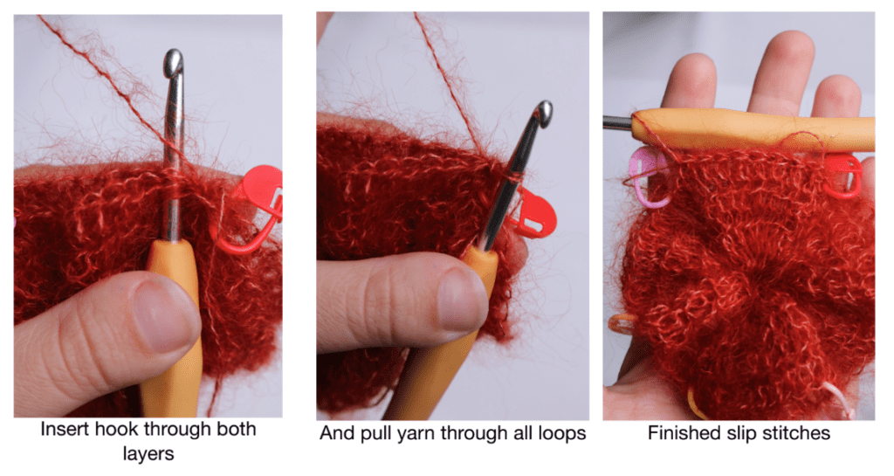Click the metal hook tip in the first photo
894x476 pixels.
(174, 61)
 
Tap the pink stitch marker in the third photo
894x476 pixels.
(649, 176)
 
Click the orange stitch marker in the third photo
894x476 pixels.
(622, 323)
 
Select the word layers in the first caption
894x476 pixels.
(148, 454)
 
